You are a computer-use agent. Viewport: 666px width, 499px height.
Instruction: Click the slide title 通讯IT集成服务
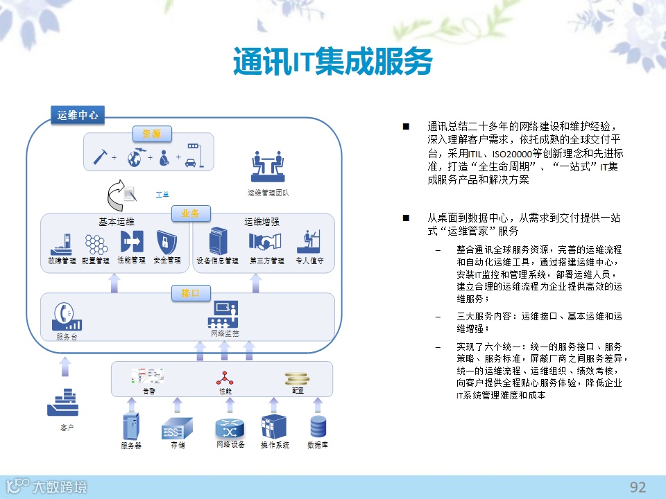point(332,62)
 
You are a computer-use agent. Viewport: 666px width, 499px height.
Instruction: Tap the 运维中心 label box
point(78,116)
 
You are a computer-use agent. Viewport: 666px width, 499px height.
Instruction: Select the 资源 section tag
point(152,134)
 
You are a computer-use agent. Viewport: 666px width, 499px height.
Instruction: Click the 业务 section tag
point(191,213)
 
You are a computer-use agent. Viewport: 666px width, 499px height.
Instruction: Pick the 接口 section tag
point(191,293)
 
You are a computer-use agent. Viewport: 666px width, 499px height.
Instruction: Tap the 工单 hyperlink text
point(162,195)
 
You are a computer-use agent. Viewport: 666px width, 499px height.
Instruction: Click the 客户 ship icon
point(67,403)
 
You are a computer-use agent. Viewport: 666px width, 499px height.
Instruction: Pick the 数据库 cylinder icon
point(318,425)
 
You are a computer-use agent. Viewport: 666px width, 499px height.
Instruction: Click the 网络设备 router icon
point(230,426)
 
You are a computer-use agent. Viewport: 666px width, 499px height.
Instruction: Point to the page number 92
point(637,487)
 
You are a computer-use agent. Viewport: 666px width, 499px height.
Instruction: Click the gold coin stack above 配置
point(296,378)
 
